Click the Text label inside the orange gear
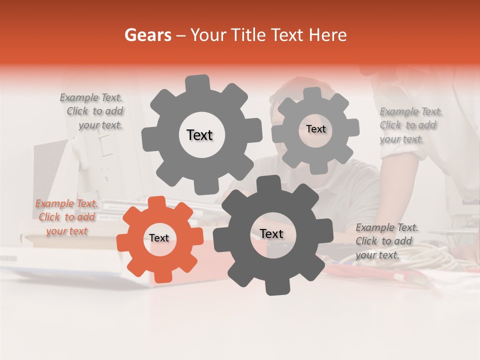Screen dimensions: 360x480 (x=159, y=238)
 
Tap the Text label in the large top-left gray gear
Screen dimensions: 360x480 (x=199, y=135)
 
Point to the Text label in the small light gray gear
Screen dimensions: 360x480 (x=315, y=129)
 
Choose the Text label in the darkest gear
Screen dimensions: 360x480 (x=271, y=234)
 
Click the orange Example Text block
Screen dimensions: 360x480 (x=66, y=217)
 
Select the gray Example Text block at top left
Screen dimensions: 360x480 (x=92, y=111)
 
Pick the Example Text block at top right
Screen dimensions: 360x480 (x=410, y=125)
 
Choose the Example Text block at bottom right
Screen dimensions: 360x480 (x=386, y=241)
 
